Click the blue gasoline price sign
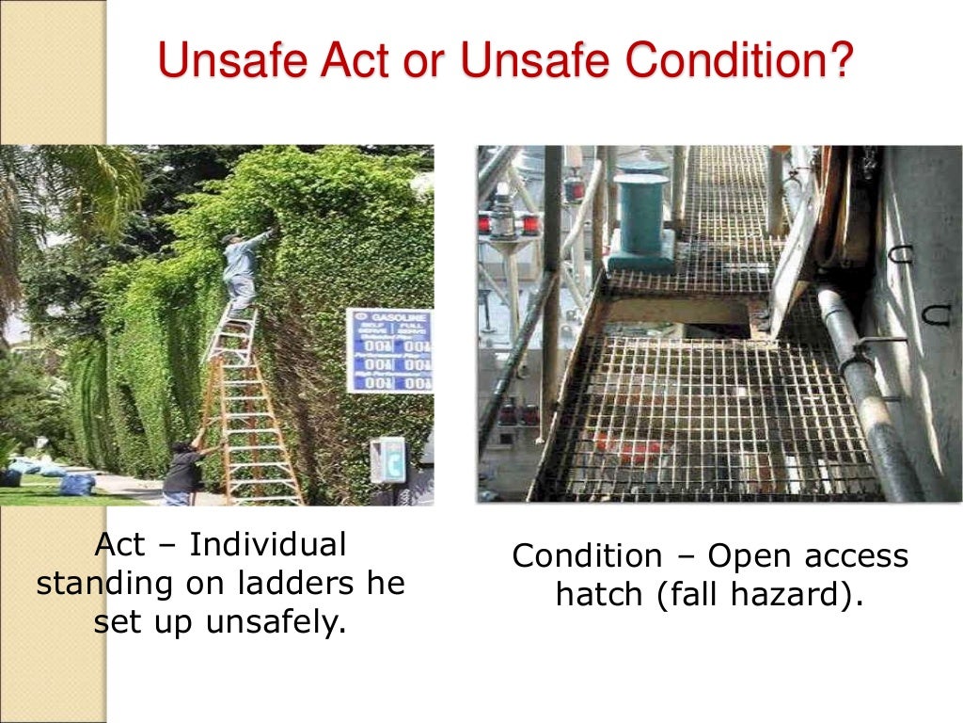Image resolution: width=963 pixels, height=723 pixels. pos(389,349)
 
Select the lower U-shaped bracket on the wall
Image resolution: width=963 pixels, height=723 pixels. pos(935,313)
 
